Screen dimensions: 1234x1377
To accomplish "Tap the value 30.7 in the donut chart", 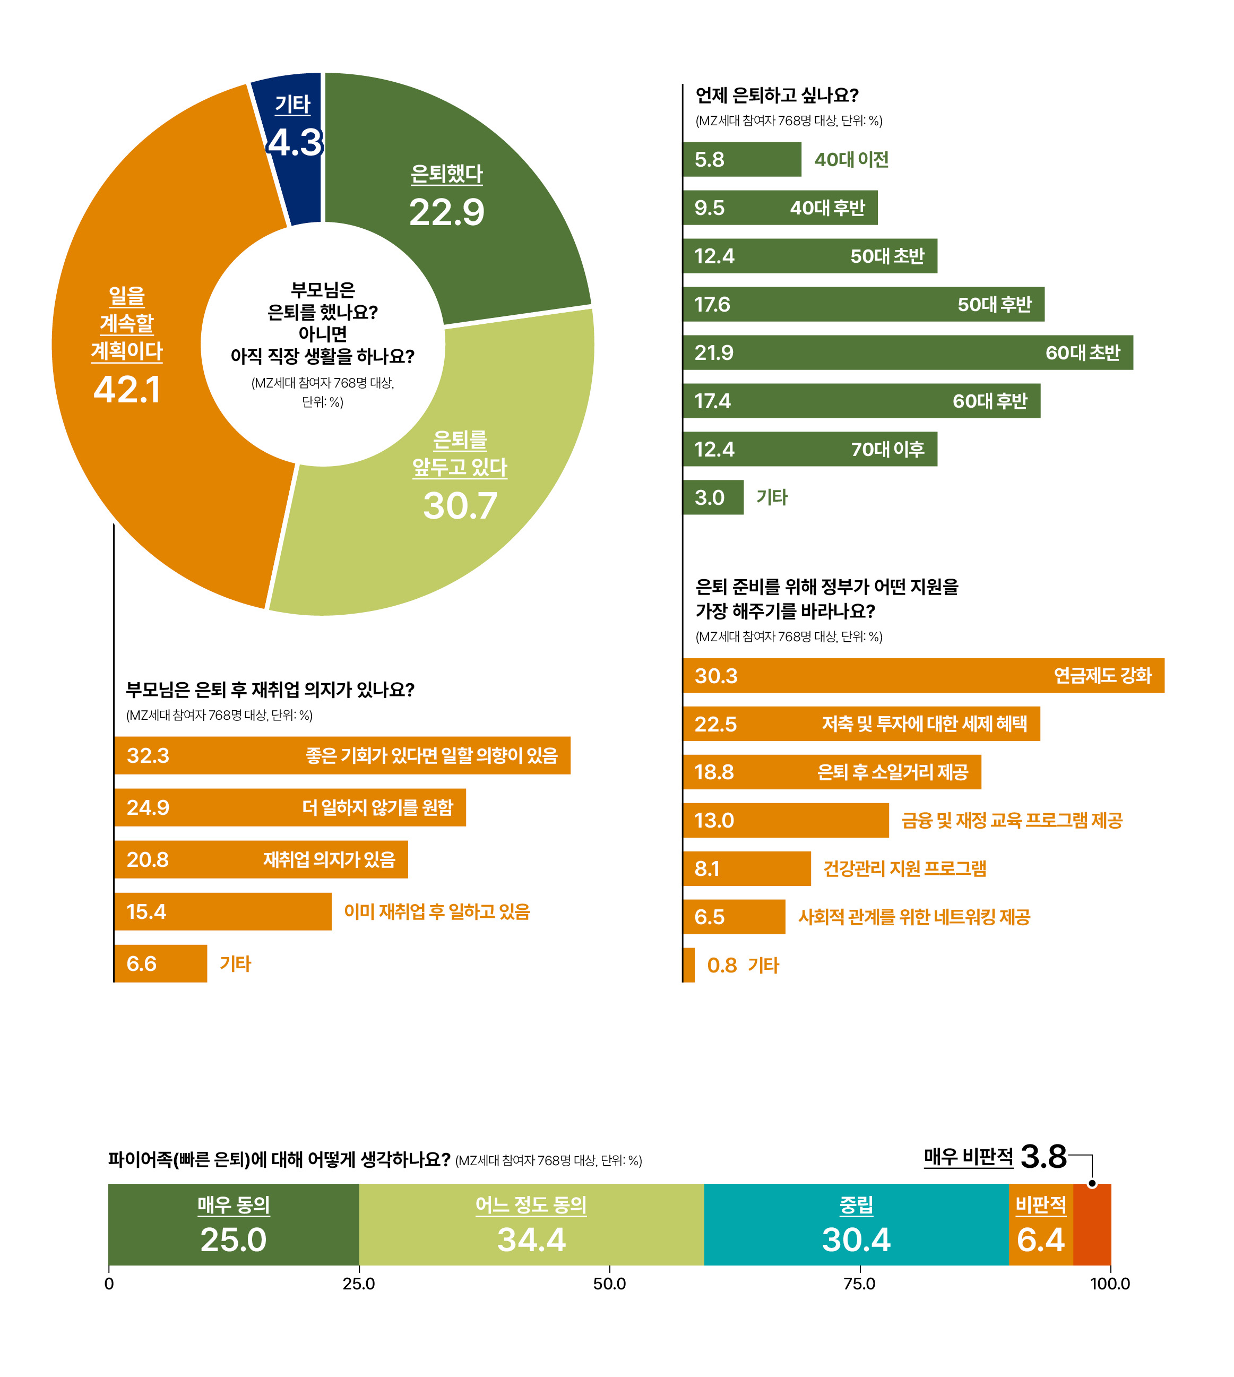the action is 460,506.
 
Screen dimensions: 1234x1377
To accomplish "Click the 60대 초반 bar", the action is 908,352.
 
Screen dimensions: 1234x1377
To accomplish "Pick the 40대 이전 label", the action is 852,159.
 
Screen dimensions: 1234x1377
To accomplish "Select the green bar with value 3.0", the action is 713,497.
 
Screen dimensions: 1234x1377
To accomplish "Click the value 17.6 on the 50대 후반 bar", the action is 712,304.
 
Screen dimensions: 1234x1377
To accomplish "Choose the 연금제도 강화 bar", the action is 924,675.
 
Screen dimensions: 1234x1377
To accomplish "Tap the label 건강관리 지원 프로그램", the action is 904,868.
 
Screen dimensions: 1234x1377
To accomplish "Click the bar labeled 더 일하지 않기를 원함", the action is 290,807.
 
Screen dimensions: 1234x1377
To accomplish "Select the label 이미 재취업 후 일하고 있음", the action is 437,911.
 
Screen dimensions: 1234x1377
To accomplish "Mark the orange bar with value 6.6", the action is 161,963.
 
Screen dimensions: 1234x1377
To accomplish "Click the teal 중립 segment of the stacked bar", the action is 856,1225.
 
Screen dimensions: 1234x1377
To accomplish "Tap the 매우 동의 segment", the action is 233,1225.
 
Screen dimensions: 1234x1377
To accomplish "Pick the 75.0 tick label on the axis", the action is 860,1284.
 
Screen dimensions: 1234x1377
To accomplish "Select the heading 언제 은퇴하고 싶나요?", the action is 777,95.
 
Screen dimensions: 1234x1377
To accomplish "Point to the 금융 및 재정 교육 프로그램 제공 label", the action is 1012,820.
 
